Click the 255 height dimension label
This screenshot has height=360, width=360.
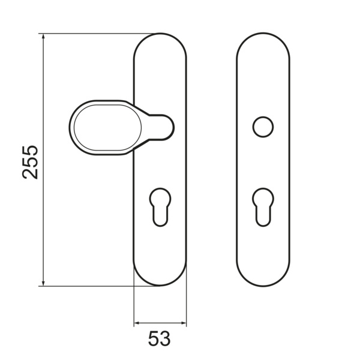[30, 162]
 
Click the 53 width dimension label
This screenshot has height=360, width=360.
[160, 338]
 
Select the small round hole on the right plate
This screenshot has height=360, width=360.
[263, 127]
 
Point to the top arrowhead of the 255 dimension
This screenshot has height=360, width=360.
[43, 37]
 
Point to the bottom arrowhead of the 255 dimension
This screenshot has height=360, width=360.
[43, 282]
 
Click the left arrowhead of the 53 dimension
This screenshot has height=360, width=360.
[137, 323]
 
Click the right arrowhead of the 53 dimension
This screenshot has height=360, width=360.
[183, 323]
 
